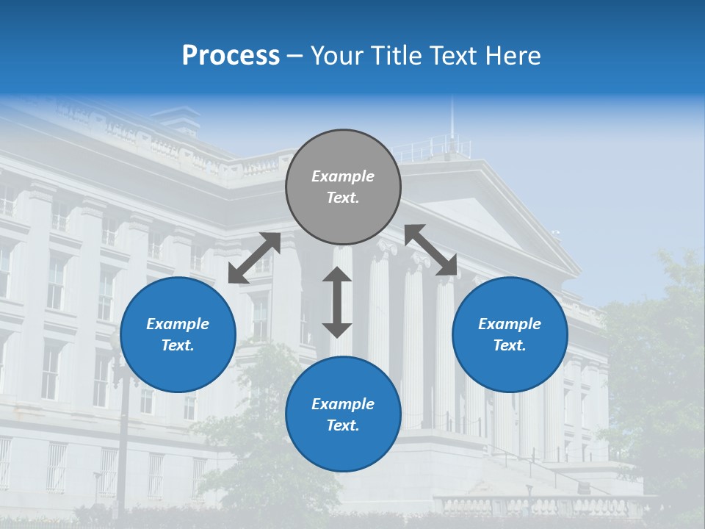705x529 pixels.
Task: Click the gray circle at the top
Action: coord(343,187)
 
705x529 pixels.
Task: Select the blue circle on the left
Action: coord(178,334)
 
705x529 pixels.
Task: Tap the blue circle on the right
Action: coord(510,334)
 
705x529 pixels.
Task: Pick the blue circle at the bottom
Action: coord(343,414)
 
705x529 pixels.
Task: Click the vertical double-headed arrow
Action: coord(337,302)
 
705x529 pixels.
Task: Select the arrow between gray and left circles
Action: coord(254,258)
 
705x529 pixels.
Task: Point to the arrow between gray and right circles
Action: coord(431,250)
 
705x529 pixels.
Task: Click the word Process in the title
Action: coord(231,55)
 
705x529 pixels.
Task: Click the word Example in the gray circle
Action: coord(343,176)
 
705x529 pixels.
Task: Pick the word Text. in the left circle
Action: coord(178,345)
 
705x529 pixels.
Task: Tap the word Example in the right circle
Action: coord(510,324)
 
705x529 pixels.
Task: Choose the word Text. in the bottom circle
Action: coord(343,425)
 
